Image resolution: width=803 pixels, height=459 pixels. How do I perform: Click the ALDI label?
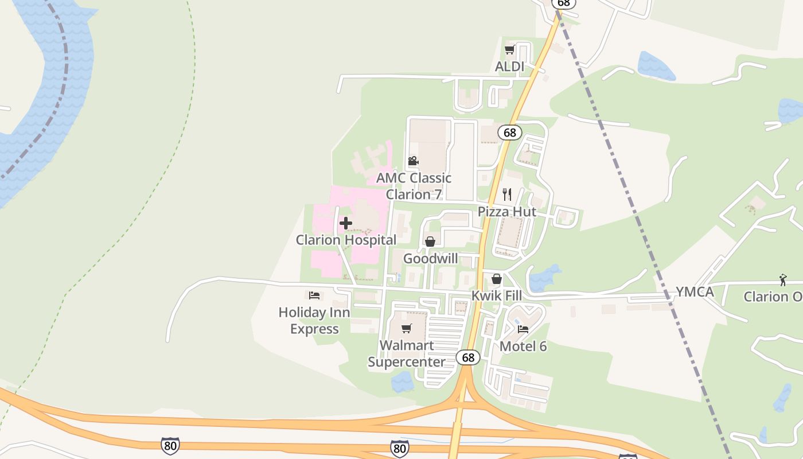pos(509,67)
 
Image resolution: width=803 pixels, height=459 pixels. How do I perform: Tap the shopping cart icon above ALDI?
pos(509,50)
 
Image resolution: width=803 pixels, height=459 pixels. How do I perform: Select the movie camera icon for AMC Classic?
pos(413,161)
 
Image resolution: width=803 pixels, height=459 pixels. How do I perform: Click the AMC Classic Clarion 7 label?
pos(414,186)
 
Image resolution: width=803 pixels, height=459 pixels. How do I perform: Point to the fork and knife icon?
pos(506,195)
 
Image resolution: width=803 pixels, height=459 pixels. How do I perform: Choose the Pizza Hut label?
pos(507,211)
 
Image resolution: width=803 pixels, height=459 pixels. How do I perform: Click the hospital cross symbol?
pos(346,223)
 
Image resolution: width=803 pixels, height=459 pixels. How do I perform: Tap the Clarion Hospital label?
pos(346,240)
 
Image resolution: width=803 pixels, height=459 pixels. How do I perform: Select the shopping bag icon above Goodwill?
pos(430,242)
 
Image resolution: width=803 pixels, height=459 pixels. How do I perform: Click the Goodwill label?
pos(431,258)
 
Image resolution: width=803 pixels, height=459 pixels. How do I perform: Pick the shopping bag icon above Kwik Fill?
pos(497,279)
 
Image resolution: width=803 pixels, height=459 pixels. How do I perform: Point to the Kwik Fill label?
pos(497,295)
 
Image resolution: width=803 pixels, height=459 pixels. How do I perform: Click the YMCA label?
pos(695,292)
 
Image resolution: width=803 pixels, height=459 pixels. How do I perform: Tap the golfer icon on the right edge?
pos(783,280)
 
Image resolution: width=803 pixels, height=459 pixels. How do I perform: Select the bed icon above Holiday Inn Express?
pos(314,295)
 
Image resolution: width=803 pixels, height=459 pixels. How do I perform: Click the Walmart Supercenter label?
pos(407,353)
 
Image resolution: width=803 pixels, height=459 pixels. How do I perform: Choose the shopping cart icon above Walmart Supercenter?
pos(407,328)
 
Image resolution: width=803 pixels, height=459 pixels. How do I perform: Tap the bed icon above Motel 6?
pos(523,329)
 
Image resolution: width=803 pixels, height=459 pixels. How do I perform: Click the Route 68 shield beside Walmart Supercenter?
pos(469,357)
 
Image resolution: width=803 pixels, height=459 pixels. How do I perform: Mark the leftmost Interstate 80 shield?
pos(170,445)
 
